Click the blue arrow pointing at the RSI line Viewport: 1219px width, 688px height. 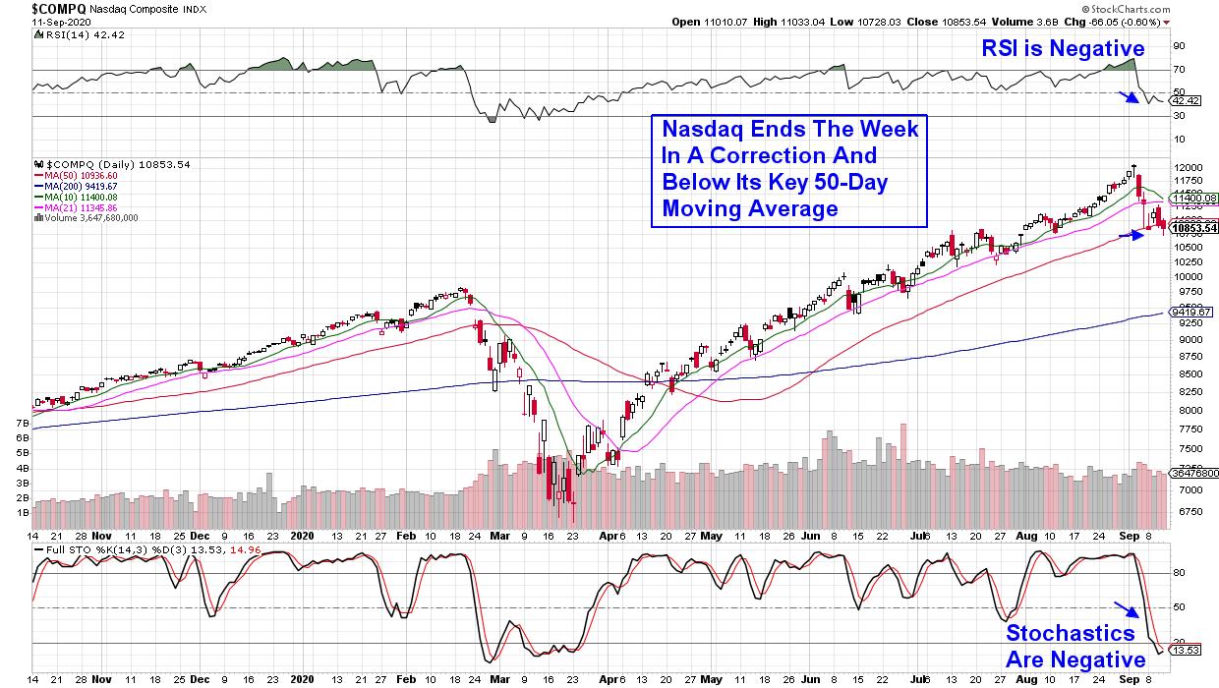point(1130,96)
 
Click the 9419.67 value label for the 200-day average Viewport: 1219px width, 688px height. point(1190,313)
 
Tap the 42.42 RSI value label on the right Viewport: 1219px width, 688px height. point(1184,100)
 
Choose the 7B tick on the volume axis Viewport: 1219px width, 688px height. point(22,423)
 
